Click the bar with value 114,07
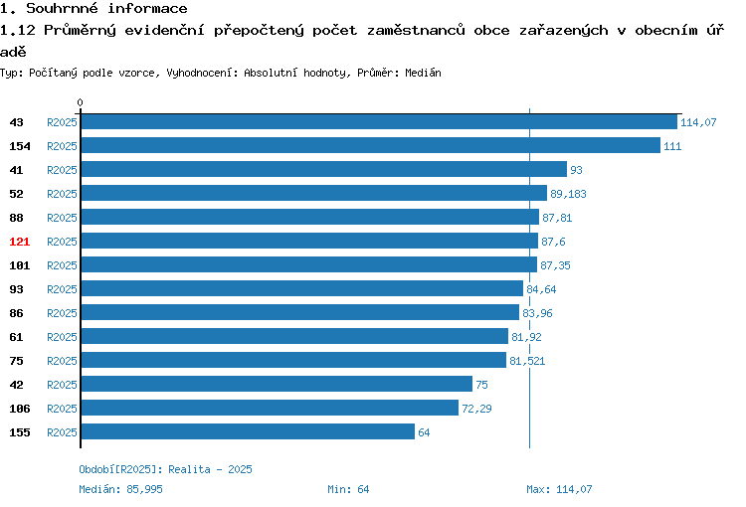(379, 121)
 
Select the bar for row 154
(371, 145)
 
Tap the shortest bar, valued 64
(248, 431)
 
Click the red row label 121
(20, 242)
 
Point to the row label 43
(16, 122)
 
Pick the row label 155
(20, 432)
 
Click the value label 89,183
(568, 194)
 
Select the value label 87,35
(555, 265)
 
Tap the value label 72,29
(476, 409)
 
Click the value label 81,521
(527, 361)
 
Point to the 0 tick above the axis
(80, 102)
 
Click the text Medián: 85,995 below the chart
(120, 489)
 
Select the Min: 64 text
(348, 489)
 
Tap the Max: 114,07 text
(559, 489)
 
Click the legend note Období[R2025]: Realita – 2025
(165, 469)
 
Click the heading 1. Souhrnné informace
(93, 8)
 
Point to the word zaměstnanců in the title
(416, 31)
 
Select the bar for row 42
(277, 384)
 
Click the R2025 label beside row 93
(62, 289)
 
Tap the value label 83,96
(537, 313)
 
